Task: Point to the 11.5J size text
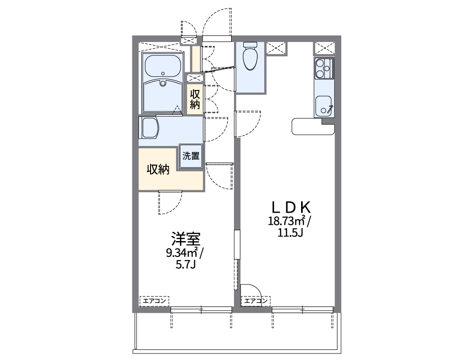(291, 232)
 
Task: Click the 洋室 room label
(185, 240)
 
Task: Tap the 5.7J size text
(185, 265)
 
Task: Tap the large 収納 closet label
(158, 170)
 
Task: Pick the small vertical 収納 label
(194, 99)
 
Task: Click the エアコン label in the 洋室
(154, 301)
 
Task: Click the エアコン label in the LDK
(255, 301)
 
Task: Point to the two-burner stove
(323, 68)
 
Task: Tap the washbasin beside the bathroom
(150, 128)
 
